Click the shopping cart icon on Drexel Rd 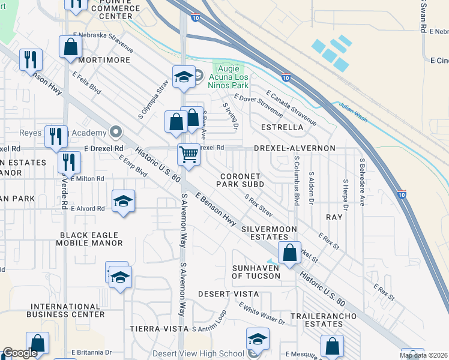point(189,155)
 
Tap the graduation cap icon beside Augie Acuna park point(184,77)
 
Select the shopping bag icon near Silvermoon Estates point(289,253)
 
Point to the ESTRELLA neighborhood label point(283,128)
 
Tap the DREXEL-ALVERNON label point(294,148)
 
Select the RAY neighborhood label point(334,217)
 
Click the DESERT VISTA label point(228,294)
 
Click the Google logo point(20,353)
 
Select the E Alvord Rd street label point(88,209)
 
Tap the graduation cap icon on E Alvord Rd point(123,201)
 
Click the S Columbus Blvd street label point(297,180)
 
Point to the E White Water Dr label point(262,314)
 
